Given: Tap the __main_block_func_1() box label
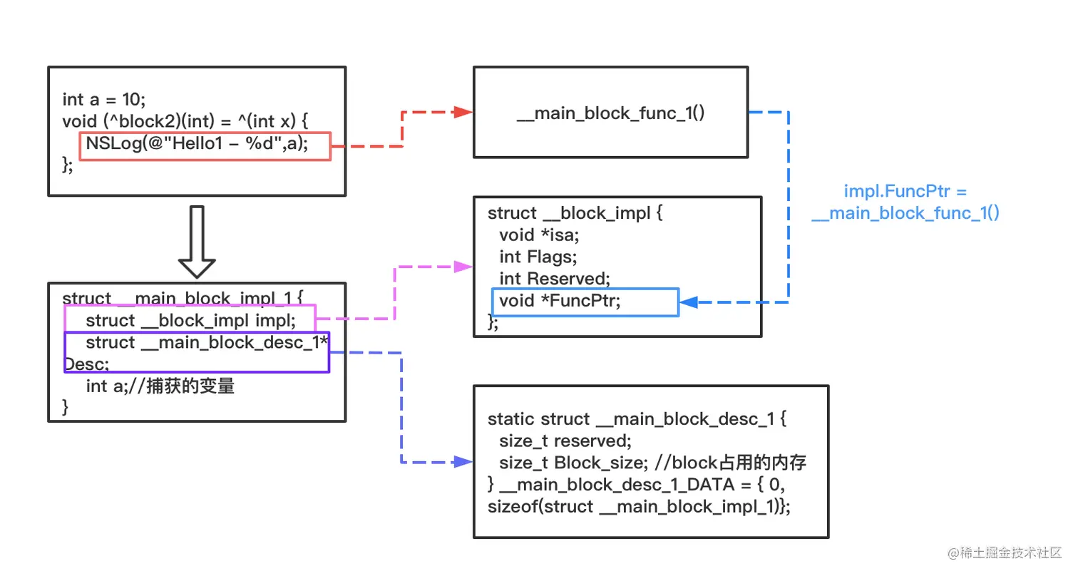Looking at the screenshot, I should (610, 113).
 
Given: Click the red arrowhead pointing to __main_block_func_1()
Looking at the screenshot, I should (463, 112).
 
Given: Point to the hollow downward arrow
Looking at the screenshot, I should (196, 242).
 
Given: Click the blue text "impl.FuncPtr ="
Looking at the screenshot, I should (905, 192).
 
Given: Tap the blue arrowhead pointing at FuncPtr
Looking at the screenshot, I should (688, 303).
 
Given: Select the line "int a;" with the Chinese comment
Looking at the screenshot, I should (160, 386).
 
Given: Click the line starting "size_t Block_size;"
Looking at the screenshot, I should (652, 463).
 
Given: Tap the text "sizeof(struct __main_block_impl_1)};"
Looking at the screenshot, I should (639, 507).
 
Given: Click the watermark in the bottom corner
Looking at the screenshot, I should (1004, 552).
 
